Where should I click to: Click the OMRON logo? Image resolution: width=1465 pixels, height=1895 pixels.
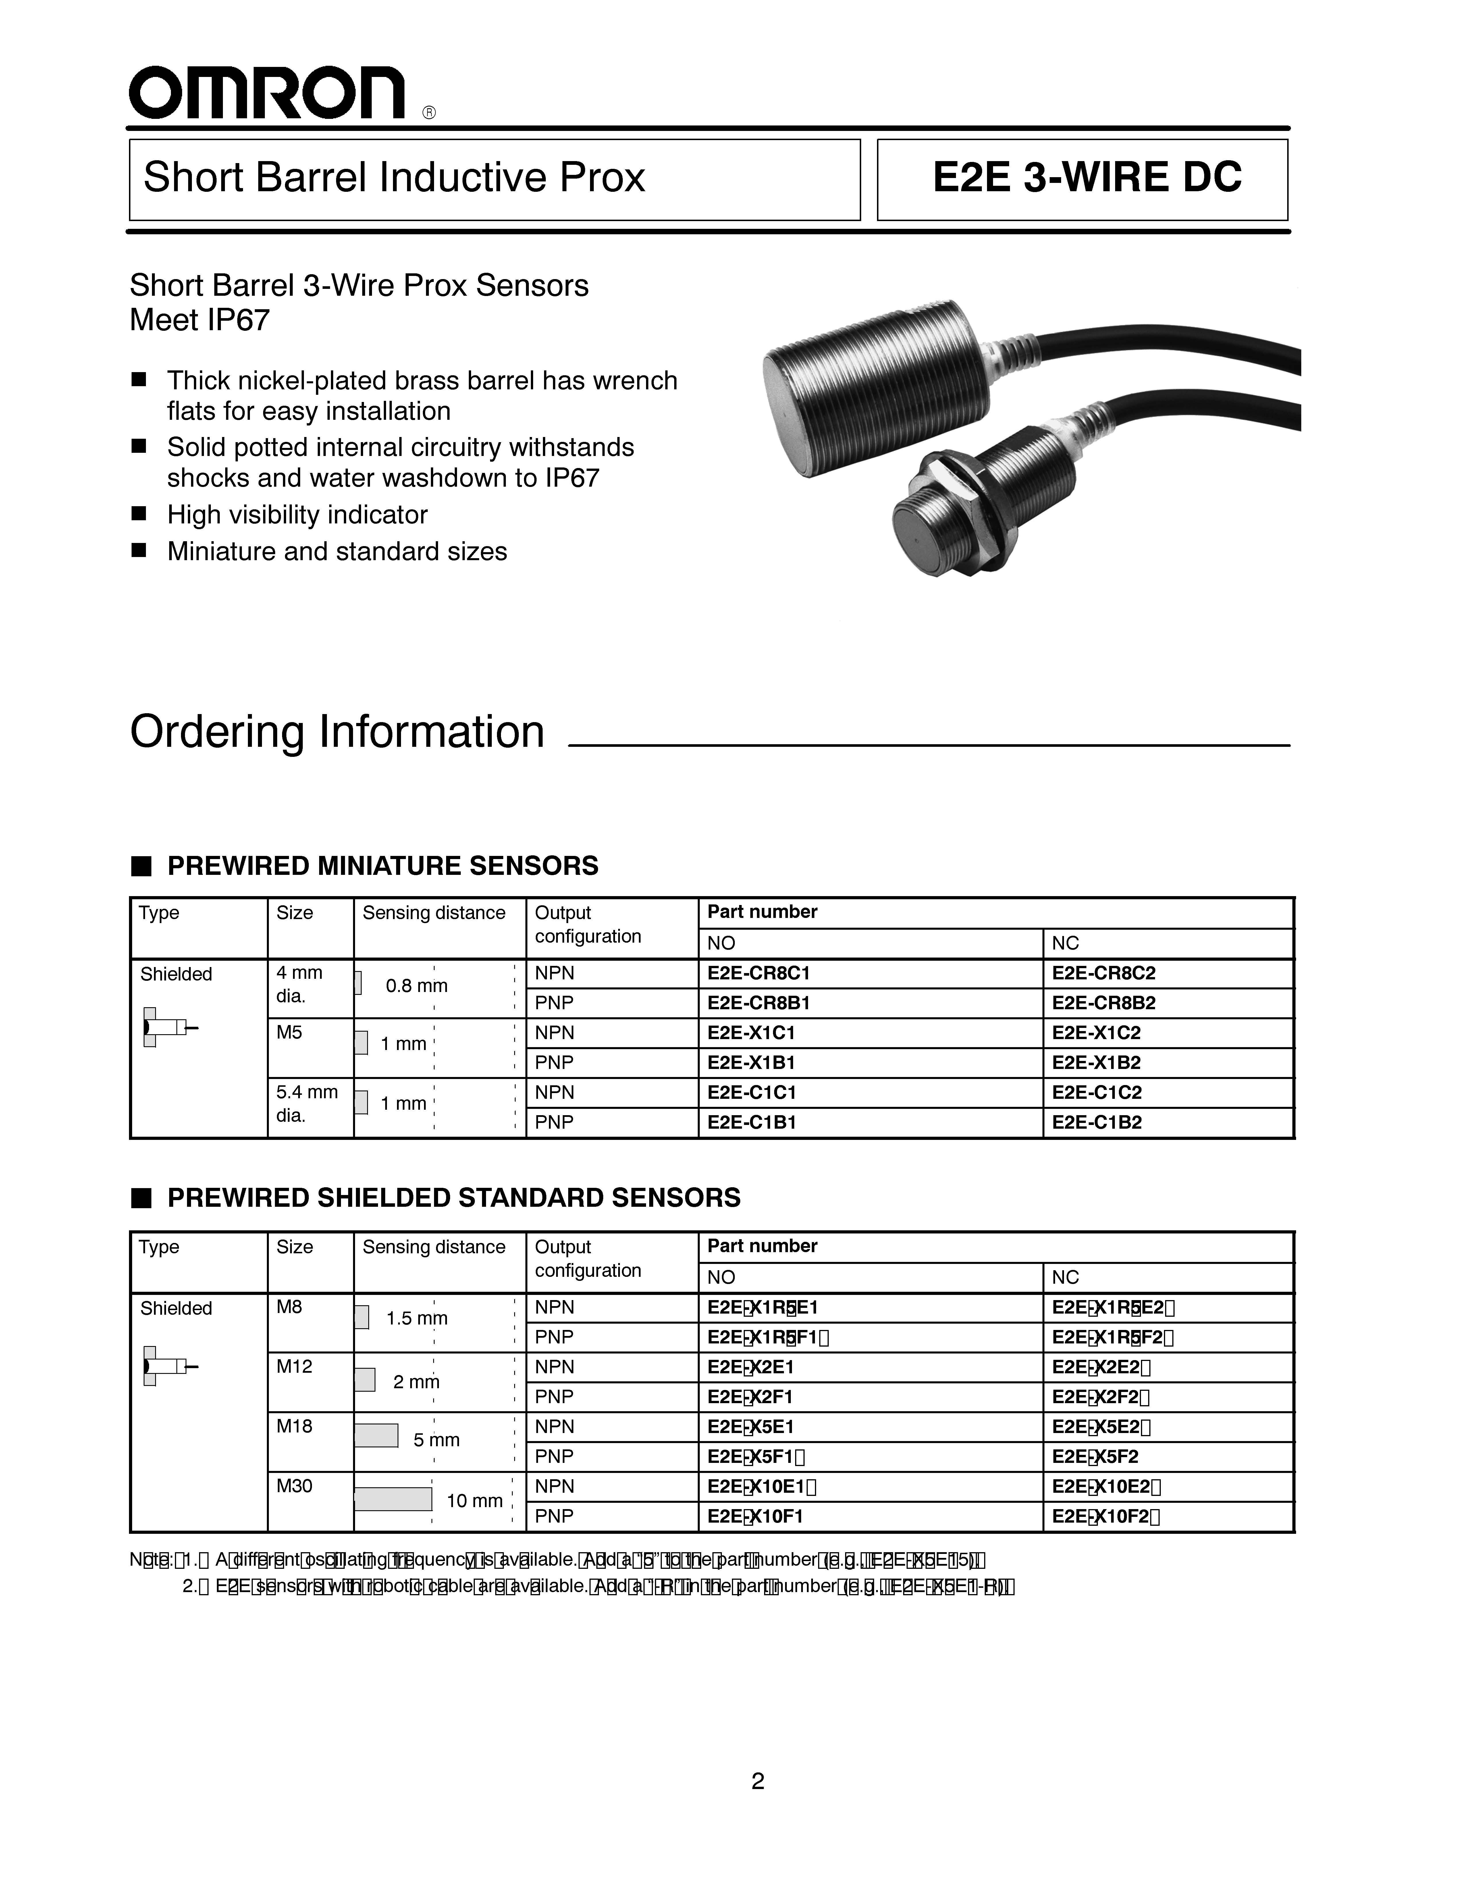tap(267, 93)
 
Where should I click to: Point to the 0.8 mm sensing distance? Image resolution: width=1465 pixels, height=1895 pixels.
tap(417, 986)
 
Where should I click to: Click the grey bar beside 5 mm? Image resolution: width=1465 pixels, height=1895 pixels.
tap(376, 1436)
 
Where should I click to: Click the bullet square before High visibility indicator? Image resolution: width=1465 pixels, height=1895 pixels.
tap(139, 514)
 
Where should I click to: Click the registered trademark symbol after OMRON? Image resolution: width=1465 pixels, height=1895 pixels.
tap(429, 113)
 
